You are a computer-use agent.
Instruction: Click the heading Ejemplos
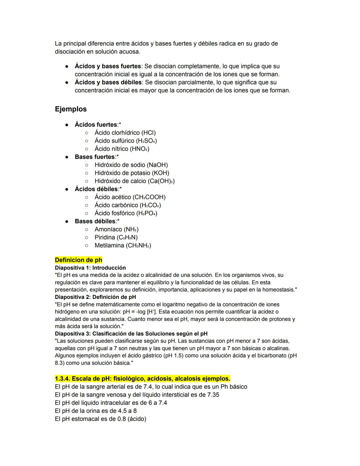point(71,109)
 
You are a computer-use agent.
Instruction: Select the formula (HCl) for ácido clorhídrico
point(148,133)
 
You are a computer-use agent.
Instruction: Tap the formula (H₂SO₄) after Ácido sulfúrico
point(146,141)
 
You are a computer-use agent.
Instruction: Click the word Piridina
point(105,237)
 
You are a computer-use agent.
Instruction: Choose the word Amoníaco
point(108,229)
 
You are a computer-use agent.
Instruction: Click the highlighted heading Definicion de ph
point(78,260)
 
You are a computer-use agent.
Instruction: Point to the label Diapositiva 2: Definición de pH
point(95,297)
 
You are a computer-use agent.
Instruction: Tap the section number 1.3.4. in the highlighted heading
point(62,379)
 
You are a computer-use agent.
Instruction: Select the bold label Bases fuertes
point(95,157)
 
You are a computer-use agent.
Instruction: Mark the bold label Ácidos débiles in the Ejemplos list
point(96,189)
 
